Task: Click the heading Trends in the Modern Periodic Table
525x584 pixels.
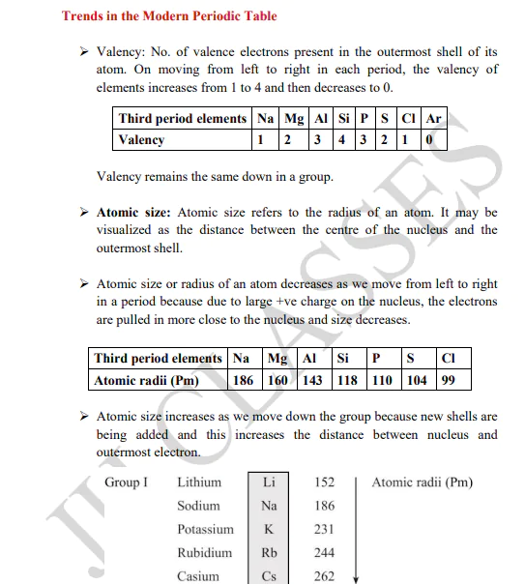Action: [169, 16]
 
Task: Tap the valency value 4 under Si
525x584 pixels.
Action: [344, 140]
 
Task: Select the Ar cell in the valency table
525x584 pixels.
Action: [434, 119]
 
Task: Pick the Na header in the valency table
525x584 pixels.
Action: [261, 119]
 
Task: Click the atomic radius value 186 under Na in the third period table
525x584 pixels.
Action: [244, 380]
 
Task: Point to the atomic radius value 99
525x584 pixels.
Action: [449, 380]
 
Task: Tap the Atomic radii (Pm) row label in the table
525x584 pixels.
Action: [146, 380]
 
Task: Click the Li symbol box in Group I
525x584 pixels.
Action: [269, 482]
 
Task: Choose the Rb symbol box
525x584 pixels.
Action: [269, 553]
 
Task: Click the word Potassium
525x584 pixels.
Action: [205, 530]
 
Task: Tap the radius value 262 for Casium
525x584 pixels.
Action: [325, 576]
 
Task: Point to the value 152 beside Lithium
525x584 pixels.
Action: [325, 482]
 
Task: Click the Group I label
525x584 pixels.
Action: [127, 482]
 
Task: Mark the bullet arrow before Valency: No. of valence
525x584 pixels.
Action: [83, 51]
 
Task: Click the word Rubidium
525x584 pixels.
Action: [204, 553]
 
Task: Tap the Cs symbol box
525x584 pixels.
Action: [269, 576]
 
